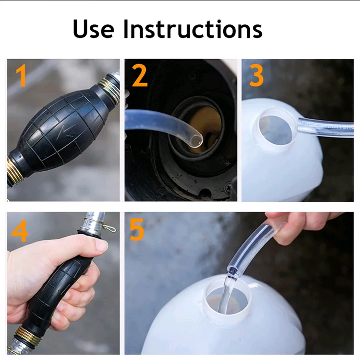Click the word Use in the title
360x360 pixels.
tap(93, 29)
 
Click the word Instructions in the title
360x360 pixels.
tap(193, 29)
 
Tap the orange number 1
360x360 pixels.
tap(21, 75)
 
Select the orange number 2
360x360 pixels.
tap(140, 75)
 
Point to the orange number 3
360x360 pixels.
tap(256, 75)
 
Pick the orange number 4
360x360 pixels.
tap(19, 230)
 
